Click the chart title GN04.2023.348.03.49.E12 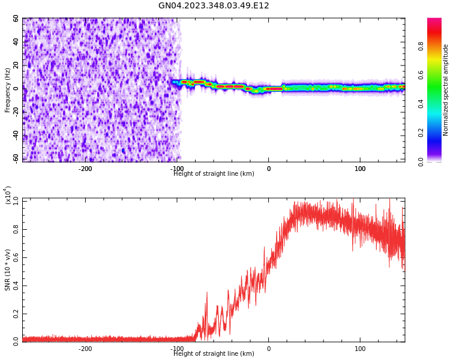tap(214, 6)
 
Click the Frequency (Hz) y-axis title tap(8, 90)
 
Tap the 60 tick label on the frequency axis tap(16, 19)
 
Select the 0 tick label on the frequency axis tap(16, 88)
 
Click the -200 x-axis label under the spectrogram tap(85, 169)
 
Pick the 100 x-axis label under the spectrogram tap(360, 169)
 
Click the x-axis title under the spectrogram tap(214, 174)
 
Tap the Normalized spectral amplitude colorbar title tap(446, 90)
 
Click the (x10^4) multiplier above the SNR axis tap(8, 196)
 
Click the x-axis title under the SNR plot tap(214, 354)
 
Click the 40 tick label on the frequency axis tap(16, 41)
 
